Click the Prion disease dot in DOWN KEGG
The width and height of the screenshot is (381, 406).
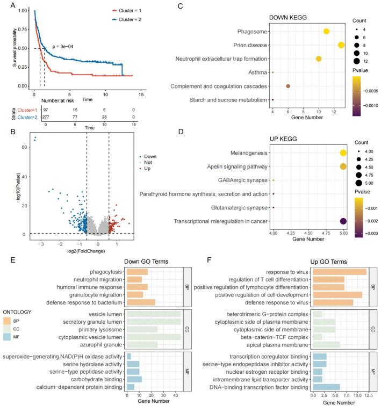341,45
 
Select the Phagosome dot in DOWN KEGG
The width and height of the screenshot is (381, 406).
326,31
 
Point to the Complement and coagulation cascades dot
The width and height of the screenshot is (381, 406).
288,86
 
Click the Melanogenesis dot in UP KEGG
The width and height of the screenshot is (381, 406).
343,153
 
